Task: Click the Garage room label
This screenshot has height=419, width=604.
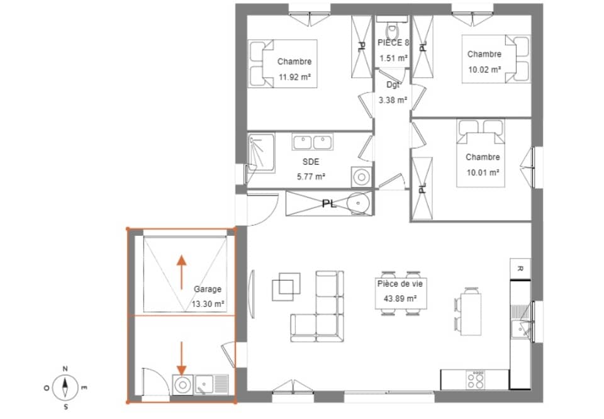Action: click(x=208, y=289)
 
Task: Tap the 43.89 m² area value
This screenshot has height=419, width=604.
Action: click(x=400, y=299)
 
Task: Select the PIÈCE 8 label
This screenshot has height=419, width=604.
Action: click(x=393, y=43)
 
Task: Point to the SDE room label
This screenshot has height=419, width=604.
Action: click(x=311, y=162)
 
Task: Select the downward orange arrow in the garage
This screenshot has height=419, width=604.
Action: click(x=182, y=357)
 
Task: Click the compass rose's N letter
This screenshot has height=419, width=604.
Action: click(x=65, y=369)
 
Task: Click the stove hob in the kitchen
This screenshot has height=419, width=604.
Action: click(x=476, y=379)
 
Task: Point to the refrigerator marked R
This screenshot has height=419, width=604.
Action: click(x=520, y=267)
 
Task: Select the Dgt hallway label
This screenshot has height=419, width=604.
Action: click(x=393, y=84)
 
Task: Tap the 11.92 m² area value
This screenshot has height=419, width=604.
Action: click(x=296, y=77)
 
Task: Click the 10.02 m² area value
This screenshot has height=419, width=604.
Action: click(x=484, y=69)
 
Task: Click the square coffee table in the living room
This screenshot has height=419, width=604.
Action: click(x=286, y=287)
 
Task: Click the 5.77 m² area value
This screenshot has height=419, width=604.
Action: click(x=311, y=177)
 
